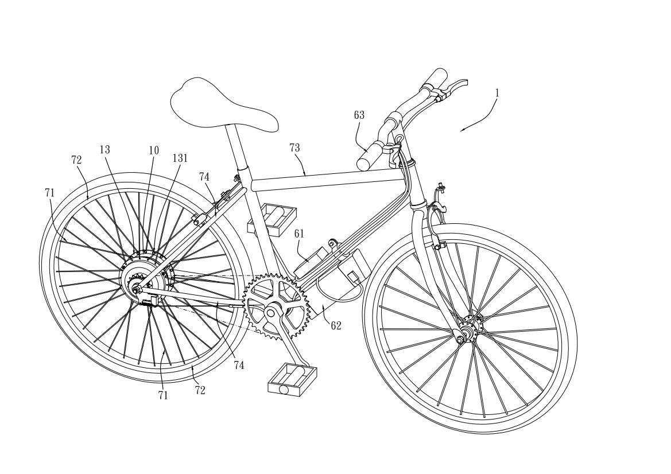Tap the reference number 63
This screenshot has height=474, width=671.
pyautogui.click(x=359, y=115)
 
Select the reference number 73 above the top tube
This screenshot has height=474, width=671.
pyautogui.click(x=294, y=147)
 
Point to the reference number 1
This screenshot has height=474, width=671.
pyautogui.click(x=497, y=93)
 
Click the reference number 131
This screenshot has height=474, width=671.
pyautogui.click(x=180, y=158)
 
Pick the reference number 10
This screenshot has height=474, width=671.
pyautogui.click(x=154, y=150)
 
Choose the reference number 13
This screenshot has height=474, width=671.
pyautogui.click(x=105, y=149)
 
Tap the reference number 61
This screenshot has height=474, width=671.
pyautogui.click(x=299, y=233)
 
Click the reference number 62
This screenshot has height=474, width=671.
pyautogui.click(x=336, y=325)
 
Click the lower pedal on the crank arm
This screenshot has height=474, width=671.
pyautogui.click(x=292, y=379)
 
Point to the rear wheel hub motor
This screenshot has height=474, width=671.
pyautogui.click(x=146, y=278)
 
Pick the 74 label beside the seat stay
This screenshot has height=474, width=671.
pyautogui.click(x=204, y=177)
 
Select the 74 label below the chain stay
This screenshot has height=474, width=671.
pyautogui.click(x=239, y=365)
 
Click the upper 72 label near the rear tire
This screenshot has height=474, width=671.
pyautogui.click(x=76, y=160)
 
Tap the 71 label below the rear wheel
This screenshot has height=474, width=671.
pyautogui.click(x=162, y=395)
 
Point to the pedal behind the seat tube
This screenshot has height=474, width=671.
pyautogui.click(x=272, y=219)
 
